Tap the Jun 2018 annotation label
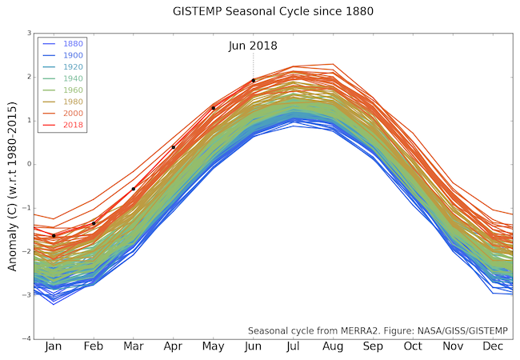pos(253,46)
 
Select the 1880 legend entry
pos(72,43)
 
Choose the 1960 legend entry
pos(72,91)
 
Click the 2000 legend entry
pos(72,114)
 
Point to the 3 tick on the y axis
pos(29,34)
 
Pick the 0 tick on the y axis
pos(29,165)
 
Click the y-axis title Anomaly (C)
pos(13,186)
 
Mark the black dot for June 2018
pos(254,80)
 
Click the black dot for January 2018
pos(54,235)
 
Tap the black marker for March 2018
pos(134,189)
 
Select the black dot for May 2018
pos(214,108)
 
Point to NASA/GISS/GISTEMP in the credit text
pos(463,330)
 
